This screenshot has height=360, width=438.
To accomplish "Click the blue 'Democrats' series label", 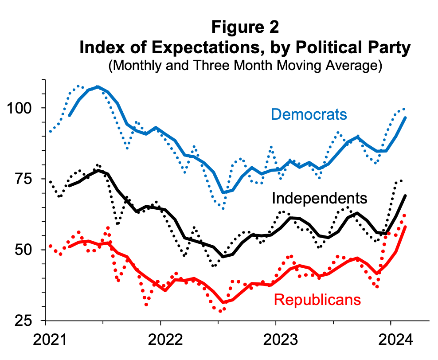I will pyautogui.click(x=309, y=114).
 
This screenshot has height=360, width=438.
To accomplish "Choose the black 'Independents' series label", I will pyautogui.click(x=320, y=198).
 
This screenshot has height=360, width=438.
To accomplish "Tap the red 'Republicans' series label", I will pyautogui.click(x=317, y=300).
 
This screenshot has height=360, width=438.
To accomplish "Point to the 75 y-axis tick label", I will pyautogui.click(x=29, y=179).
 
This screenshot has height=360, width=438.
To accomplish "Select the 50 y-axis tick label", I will pyautogui.click(x=29, y=250).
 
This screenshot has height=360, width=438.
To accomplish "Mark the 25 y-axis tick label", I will pyautogui.click(x=29, y=320).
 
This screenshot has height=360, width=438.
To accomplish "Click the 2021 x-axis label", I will pyautogui.click(x=46, y=341).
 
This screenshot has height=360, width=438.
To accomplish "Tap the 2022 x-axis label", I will pyautogui.click(x=161, y=341).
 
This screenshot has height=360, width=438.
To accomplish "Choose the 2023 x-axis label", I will pyautogui.click(x=276, y=341).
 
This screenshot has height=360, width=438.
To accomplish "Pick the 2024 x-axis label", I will pyautogui.click(x=391, y=341).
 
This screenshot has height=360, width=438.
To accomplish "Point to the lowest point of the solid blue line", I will pyautogui.click(x=223, y=192).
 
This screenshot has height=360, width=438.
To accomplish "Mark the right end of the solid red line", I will pyautogui.click(x=405, y=227).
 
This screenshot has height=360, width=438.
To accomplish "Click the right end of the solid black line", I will pyautogui.click(x=405, y=196).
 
